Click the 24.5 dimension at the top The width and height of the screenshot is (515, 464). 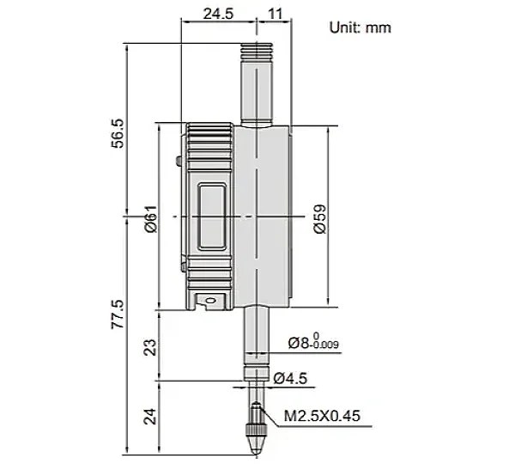(x=218, y=14)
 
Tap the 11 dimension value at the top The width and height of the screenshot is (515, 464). (x=276, y=14)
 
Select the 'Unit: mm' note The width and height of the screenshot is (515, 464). (x=360, y=27)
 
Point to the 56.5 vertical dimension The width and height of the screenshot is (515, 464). (x=118, y=133)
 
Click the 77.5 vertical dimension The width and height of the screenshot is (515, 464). (x=118, y=314)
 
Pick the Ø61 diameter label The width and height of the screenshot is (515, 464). (x=151, y=219)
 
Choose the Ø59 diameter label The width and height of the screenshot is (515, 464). (x=320, y=219)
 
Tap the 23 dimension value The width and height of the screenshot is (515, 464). (x=151, y=347)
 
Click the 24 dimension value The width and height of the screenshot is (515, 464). (x=151, y=417)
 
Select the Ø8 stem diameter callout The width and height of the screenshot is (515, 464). (x=313, y=342)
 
